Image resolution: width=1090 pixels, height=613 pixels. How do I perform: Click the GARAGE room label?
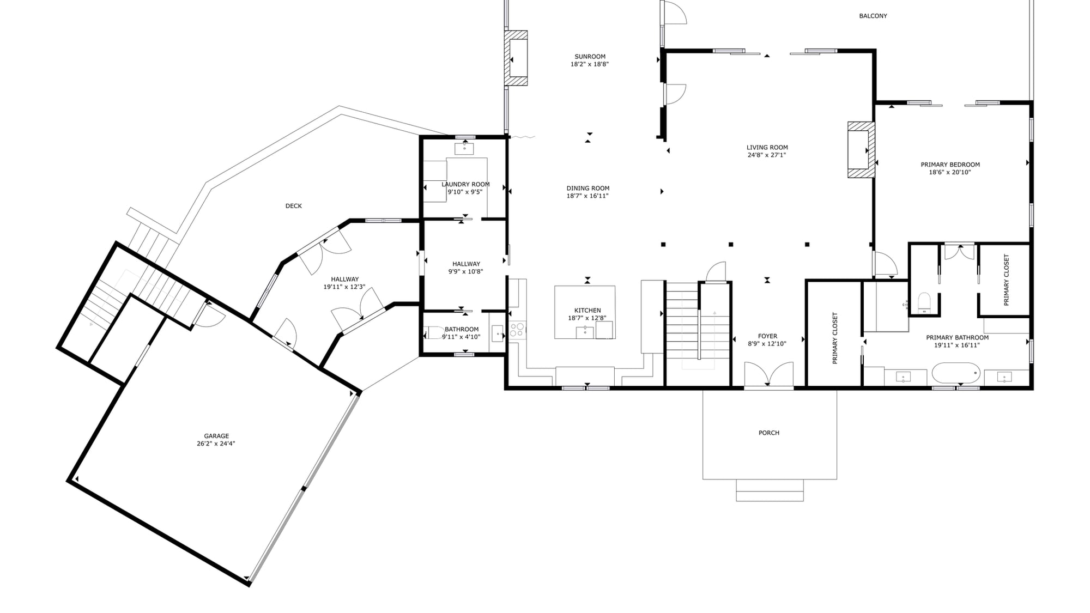click(216, 436)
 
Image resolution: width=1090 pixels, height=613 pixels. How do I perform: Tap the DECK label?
click(294, 206)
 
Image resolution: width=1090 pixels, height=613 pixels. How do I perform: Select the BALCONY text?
click(873, 16)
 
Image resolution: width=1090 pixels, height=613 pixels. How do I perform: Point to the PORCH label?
click(769, 433)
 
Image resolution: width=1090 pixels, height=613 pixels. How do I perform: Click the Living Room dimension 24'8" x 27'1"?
click(767, 155)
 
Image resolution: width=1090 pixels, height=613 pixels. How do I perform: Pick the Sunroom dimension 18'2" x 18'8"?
click(590, 64)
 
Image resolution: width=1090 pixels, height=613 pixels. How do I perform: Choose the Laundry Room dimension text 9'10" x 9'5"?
click(465, 192)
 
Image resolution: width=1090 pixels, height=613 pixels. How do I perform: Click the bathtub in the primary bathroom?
click(956, 373)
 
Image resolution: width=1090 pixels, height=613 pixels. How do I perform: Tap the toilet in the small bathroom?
click(434, 332)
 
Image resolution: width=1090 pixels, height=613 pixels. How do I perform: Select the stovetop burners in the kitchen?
click(517, 330)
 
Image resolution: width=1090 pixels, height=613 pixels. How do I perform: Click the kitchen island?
click(585, 312)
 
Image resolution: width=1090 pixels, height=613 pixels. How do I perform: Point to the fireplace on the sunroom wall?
click(516, 58)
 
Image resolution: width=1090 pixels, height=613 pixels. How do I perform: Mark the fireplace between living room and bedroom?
click(861, 149)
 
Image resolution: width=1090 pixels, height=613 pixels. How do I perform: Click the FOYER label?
click(767, 336)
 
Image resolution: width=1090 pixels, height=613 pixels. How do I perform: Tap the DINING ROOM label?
click(588, 189)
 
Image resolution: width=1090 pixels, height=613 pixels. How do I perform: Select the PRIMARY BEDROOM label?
click(950, 165)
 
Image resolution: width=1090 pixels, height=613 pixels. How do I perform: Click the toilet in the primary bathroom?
click(924, 302)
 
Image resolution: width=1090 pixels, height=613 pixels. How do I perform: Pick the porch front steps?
click(770, 490)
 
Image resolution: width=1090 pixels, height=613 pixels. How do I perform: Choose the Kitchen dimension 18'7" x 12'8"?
click(587, 318)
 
